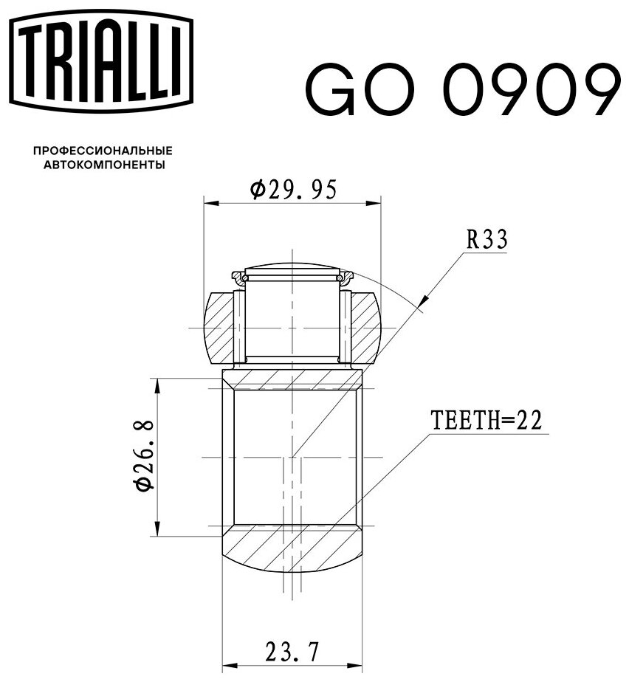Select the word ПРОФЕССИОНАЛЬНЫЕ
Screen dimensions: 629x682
click(103, 151)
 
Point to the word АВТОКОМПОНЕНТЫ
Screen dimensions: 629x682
click(104, 165)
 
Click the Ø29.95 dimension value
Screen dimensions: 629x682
click(293, 190)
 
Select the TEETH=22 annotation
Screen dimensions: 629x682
click(487, 421)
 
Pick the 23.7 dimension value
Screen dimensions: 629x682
click(292, 652)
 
